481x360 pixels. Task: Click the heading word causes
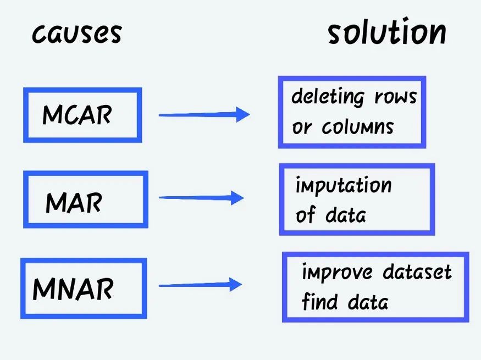(76, 34)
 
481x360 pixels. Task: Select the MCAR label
(77, 115)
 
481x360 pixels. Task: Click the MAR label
(74, 203)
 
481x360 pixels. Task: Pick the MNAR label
(73, 289)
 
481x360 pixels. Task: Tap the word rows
(396, 97)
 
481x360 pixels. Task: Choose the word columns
(358, 128)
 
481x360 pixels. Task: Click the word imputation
(343, 186)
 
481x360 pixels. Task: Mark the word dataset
(417, 272)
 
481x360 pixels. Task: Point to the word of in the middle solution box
(305, 215)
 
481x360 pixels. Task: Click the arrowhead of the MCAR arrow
(242, 114)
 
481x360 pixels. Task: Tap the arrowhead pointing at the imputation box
(237, 198)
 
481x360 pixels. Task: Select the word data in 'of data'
(345, 215)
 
